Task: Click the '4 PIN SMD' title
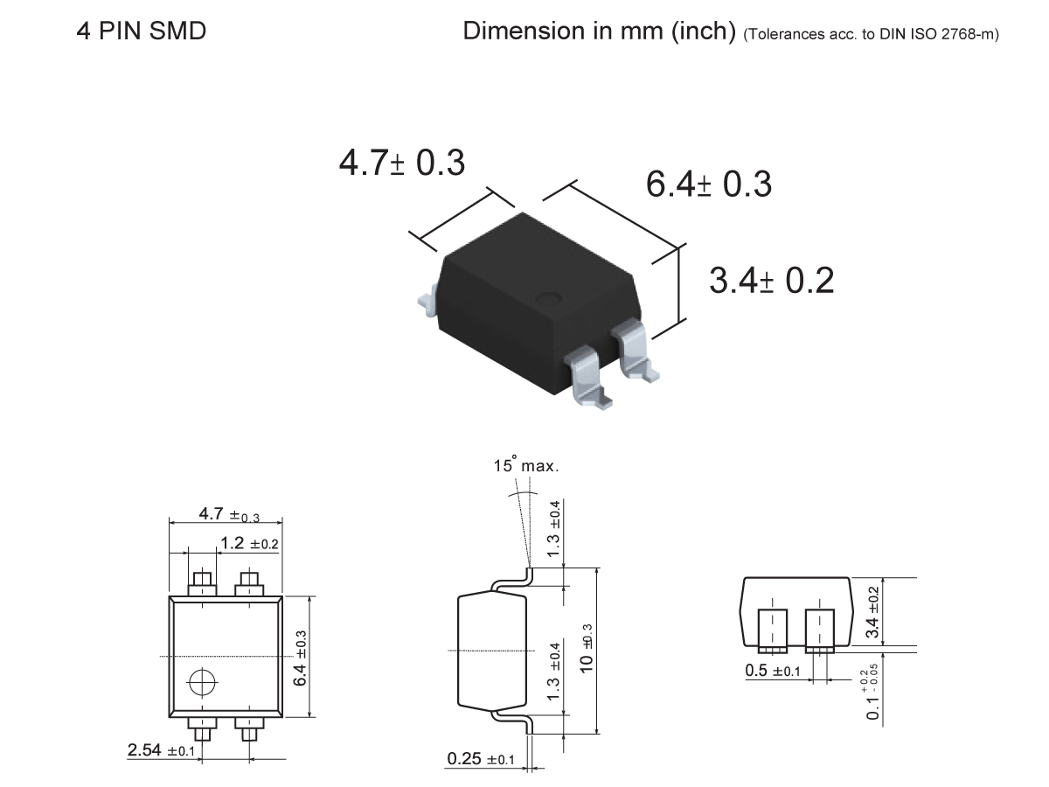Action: tap(141, 31)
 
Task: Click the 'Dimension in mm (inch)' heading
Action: tap(599, 31)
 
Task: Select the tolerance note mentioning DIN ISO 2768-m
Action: tap(871, 34)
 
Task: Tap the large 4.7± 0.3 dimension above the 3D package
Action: tap(402, 164)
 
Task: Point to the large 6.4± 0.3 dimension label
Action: tap(708, 185)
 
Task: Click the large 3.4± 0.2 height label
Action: tap(771, 281)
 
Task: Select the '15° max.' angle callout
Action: tap(525, 466)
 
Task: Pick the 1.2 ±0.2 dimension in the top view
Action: tap(249, 544)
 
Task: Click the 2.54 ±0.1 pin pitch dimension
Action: tap(162, 750)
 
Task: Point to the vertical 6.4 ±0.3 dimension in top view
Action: tap(300, 658)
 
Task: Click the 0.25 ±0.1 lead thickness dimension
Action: tap(481, 759)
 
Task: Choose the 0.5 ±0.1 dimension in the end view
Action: tap(772, 671)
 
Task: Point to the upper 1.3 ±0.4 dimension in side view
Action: tap(553, 530)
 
